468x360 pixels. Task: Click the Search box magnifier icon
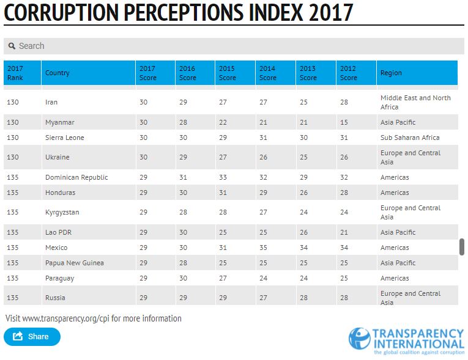click(12, 46)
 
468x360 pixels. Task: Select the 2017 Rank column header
click(15, 73)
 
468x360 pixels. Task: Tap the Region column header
click(391, 73)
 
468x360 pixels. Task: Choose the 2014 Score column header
click(267, 73)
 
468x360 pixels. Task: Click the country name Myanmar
click(60, 122)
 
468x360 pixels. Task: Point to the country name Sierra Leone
click(65, 138)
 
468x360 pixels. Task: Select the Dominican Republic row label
click(76, 177)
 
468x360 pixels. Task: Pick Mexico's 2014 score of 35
click(263, 248)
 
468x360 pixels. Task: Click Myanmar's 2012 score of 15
click(344, 122)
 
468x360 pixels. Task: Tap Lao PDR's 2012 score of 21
click(344, 232)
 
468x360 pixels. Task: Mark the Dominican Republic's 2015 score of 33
click(223, 177)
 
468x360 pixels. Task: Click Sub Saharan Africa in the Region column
click(410, 138)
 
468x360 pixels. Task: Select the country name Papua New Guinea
click(75, 263)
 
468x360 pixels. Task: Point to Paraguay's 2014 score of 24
click(263, 278)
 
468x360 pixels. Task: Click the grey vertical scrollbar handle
click(462, 247)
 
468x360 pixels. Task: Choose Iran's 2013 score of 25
click(303, 102)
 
